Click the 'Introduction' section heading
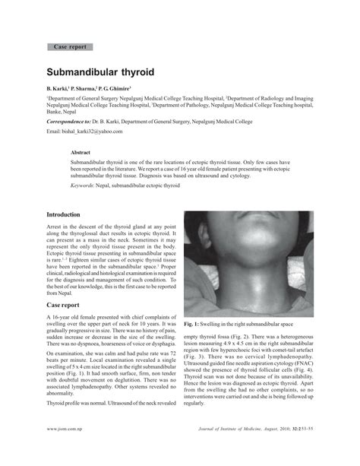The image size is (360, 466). (69, 215)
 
